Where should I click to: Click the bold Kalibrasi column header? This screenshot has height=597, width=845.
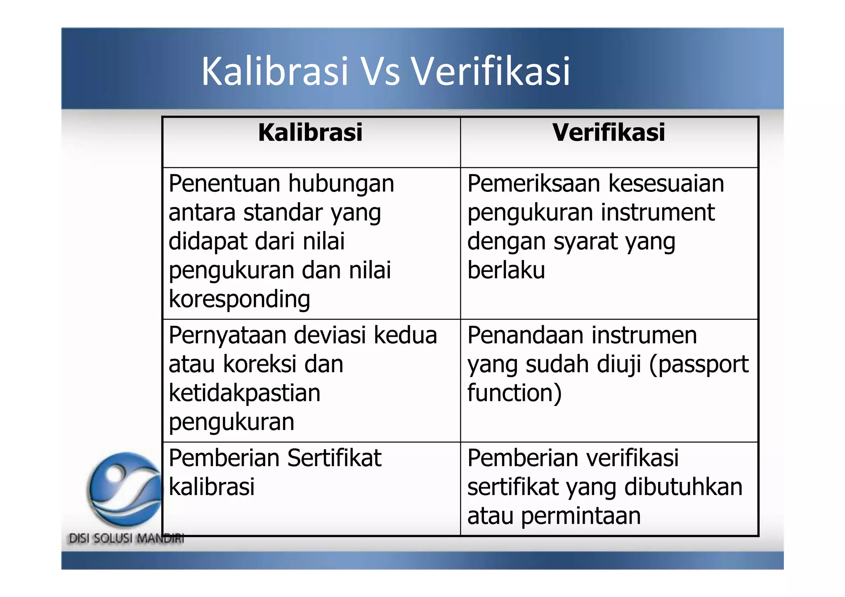click(310, 132)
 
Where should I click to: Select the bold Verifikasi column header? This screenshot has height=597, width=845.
click(609, 132)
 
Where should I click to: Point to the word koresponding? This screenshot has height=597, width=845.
click(239, 300)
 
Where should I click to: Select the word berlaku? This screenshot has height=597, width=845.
click(506, 270)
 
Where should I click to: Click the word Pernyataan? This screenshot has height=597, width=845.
click(228, 335)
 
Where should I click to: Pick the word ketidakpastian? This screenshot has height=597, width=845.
click(244, 393)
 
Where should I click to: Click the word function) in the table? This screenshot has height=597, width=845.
click(515, 393)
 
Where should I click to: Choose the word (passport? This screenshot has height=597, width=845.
click(699, 365)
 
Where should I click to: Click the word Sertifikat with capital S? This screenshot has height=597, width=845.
click(334, 458)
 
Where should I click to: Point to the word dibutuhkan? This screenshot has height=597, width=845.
click(683, 487)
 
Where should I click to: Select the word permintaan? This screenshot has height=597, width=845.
click(581, 516)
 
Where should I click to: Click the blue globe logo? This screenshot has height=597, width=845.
click(125, 488)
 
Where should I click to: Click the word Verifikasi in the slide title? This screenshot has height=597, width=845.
click(491, 72)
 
